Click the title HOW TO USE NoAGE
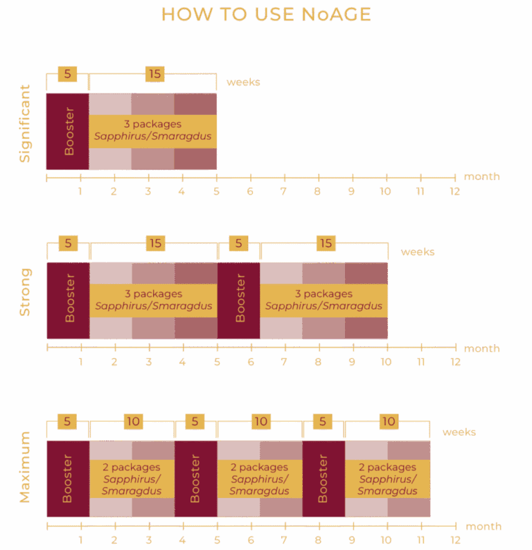pyautogui.click(x=266, y=15)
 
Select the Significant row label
pyautogui.click(x=24, y=123)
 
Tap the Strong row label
pyautogui.click(x=25, y=292)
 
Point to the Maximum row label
pyautogui.click(x=25, y=467)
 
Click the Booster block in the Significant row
pyautogui.click(x=68, y=132)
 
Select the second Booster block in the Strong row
pyautogui.click(x=239, y=301)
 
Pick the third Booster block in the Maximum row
pyautogui.click(x=323, y=479)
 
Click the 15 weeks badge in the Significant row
pyautogui.click(x=154, y=74)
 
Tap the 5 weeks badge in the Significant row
pyautogui.click(x=67, y=74)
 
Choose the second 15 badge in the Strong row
pyautogui.click(x=326, y=243)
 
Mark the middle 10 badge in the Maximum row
pyautogui.click(x=261, y=422)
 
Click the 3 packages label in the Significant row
pyautogui.click(x=152, y=124)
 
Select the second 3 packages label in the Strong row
pyautogui.click(x=323, y=294)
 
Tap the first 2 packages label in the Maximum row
pyautogui.click(x=132, y=467)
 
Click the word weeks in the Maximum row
pyautogui.click(x=459, y=432)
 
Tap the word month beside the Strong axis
pyautogui.click(x=482, y=348)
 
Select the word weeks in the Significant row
pyautogui.click(x=243, y=82)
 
